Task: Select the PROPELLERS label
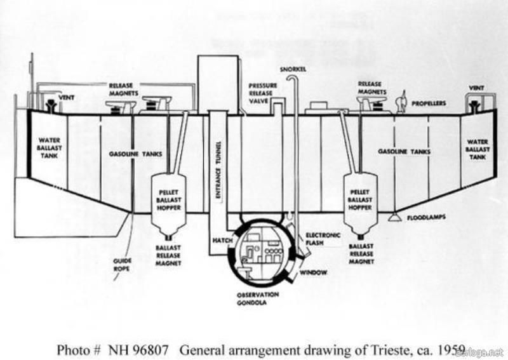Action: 429,103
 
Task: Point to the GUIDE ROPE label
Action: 122,263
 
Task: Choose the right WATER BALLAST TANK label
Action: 478,149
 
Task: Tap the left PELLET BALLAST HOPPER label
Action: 169,199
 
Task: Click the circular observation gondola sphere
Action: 260,254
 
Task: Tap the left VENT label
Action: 67,97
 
